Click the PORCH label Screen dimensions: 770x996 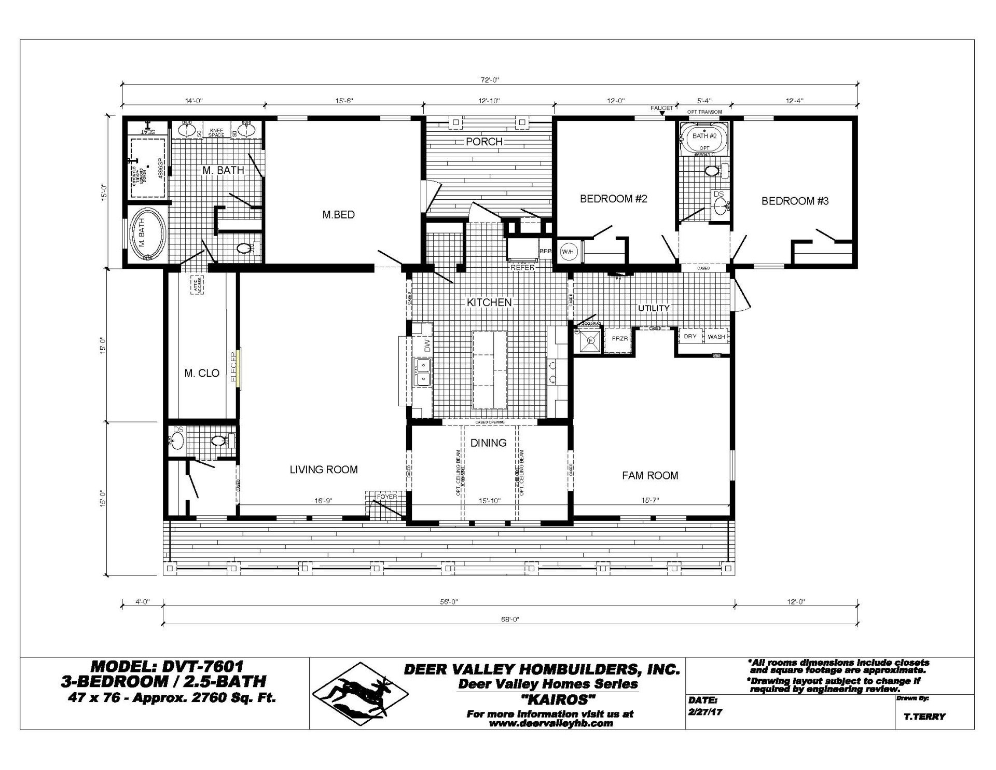pyautogui.click(x=484, y=142)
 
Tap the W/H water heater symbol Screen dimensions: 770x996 pyautogui.click(x=568, y=252)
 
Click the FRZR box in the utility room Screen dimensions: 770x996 pyautogui.click(x=620, y=339)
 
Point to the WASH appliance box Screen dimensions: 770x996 pyautogui.click(x=716, y=337)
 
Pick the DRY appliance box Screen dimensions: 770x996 pyautogui.click(x=690, y=337)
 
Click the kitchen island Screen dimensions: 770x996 pyautogui.click(x=489, y=369)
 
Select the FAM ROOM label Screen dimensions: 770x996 pyautogui.click(x=650, y=475)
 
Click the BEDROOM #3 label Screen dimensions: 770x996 pyautogui.click(x=795, y=201)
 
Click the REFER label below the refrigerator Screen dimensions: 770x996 pyautogui.click(x=522, y=268)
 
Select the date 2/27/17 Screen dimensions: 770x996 pyautogui.click(x=705, y=712)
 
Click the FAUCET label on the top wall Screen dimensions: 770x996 pyautogui.click(x=661, y=108)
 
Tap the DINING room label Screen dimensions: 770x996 pyautogui.click(x=488, y=443)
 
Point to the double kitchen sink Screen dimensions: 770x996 pyautogui.click(x=423, y=373)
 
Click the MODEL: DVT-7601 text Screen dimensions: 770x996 pyautogui.click(x=167, y=666)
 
